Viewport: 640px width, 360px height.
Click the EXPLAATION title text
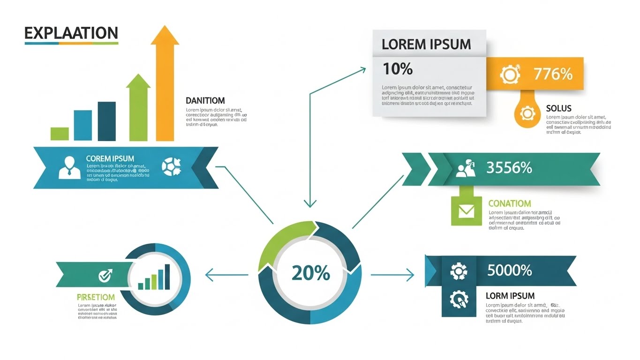click(x=71, y=33)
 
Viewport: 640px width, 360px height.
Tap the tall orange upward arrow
click(x=165, y=84)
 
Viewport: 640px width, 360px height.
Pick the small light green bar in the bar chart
click(x=60, y=134)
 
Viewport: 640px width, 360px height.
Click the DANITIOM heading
click(x=205, y=100)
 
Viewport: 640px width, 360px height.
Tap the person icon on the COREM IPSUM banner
click(x=69, y=167)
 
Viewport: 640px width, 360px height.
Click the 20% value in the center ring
click(x=310, y=273)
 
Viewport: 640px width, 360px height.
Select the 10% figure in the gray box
click(x=398, y=69)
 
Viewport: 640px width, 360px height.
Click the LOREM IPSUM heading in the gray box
click(x=426, y=45)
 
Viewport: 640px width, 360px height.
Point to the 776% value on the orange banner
click(x=553, y=74)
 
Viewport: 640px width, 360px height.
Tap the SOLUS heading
click(x=559, y=108)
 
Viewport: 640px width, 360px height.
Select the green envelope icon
click(x=466, y=211)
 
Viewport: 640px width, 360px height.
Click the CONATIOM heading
click(x=510, y=203)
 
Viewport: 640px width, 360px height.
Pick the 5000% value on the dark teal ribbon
click(x=509, y=270)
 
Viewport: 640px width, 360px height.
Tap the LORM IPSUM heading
click(x=510, y=296)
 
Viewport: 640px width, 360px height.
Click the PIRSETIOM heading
click(x=96, y=297)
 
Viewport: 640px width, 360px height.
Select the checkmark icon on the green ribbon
click(x=105, y=276)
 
